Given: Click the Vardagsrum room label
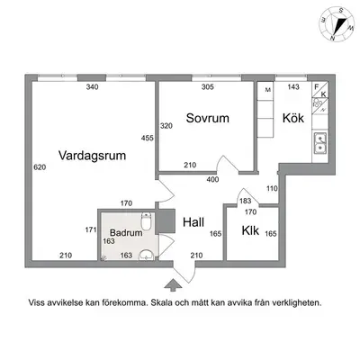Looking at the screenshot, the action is pyautogui.click(x=92, y=156).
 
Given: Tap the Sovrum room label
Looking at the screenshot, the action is pyautogui.click(x=208, y=118).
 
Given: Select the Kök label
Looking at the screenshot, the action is pyautogui.click(x=293, y=118).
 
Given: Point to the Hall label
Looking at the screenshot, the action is pyautogui.click(x=193, y=222).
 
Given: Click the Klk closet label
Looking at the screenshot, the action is pyautogui.click(x=250, y=230).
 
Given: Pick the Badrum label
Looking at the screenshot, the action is pyautogui.click(x=126, y=232).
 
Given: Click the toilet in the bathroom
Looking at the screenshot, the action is pyautogui.click(x=146, y=221).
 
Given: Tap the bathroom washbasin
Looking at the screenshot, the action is pyautogui.click(x=147, y=256).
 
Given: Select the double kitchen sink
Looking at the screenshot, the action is pyautogui.click(x=320, y=143).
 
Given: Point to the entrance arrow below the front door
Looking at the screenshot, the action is pyautogui.click(x=173, y=285).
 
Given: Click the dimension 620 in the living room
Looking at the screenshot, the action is pyautogui.click(x=40, y=167).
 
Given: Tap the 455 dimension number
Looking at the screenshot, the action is pyautogui.click(x=148, y=138).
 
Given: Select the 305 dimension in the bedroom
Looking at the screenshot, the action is pyautogui.click(x=208, y=87).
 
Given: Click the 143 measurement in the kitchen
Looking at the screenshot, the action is pyautogui.click(x=293, y=86).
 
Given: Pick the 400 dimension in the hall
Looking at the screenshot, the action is pyautogui.click(x=212, y=180).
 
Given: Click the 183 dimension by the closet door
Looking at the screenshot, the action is pyautogui.click(x=245, y=201).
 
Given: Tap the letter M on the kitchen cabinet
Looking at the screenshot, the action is pyautogui.click(x=268, y=90).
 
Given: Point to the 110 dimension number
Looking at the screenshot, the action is pyautogui.click(x=272, y=189).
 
